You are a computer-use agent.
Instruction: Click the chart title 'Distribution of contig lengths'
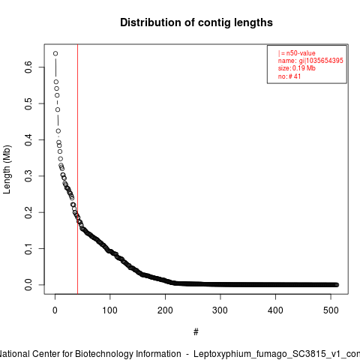pos(196,22)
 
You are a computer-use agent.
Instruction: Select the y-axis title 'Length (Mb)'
pos(7,169)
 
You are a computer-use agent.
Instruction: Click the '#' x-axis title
pos(196,332)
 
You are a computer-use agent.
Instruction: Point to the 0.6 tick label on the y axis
pos(28,67)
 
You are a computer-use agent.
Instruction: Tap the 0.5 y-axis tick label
pos(28,103)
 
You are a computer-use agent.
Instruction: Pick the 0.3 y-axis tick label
pos(28,176)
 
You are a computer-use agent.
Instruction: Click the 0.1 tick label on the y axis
pos(28,248)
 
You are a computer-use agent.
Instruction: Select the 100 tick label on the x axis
pos(109,310)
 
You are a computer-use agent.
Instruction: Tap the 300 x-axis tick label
pos(220,310)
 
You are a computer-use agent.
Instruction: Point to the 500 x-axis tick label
pos(331,310)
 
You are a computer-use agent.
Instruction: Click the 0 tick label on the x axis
pos(55,310)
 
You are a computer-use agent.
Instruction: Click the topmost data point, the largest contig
pos(55,53)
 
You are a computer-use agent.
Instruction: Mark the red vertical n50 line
pos(77,169)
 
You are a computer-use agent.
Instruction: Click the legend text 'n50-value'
pos(301,53)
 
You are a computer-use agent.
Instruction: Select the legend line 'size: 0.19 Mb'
pos(297,68)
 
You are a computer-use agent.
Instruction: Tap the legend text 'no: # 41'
pos(289,76)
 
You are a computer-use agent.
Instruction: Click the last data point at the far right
pos(337,285)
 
